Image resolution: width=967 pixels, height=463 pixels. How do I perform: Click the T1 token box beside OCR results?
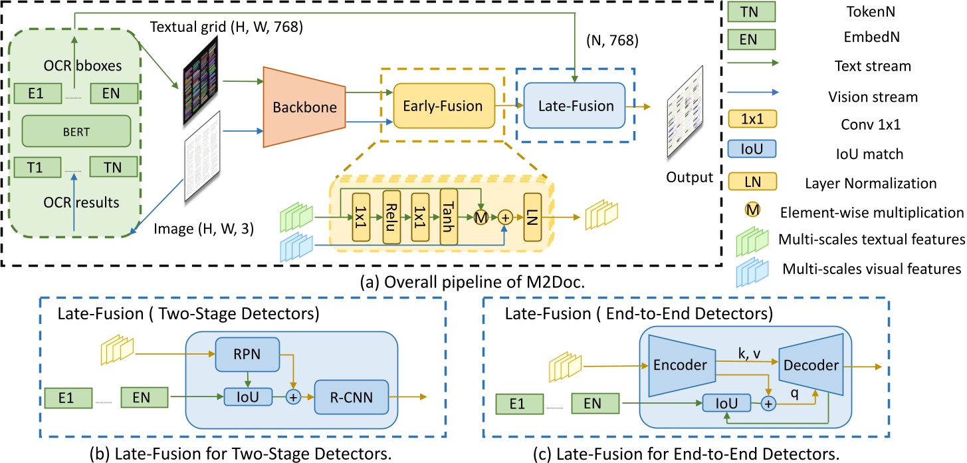point(40,165)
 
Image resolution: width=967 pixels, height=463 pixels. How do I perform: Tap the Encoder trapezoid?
point(675,365)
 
